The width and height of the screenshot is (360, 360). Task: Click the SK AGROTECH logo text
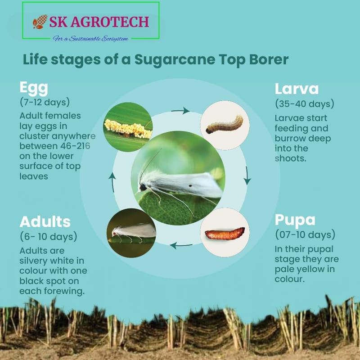99,22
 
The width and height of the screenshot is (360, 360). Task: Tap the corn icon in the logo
40,22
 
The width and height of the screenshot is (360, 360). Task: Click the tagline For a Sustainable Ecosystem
90,39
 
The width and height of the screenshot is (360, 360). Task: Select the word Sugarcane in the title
175,59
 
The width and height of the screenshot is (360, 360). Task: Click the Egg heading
34,88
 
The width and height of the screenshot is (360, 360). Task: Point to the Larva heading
297,89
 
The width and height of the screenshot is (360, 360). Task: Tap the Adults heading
45,221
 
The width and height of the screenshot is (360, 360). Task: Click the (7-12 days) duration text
45,102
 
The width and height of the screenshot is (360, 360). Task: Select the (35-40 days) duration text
305,104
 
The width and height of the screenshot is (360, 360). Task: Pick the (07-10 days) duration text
305,234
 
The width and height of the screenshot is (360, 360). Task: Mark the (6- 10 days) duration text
49,237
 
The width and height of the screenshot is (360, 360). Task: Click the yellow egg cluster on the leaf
128,129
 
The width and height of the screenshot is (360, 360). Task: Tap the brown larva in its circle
224,125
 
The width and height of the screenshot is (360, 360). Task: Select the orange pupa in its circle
225,234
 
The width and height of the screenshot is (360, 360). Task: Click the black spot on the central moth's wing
190,185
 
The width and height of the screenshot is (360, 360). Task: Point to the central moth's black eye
143,187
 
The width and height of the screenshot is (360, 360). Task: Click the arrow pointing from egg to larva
180,111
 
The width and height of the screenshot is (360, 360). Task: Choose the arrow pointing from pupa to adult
181,245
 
